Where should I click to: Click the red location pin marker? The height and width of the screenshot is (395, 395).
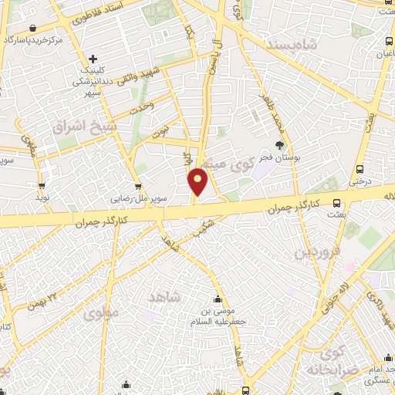point(198,181)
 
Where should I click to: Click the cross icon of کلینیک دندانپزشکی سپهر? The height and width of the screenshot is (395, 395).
point(93,59)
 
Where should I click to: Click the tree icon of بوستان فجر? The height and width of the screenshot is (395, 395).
point(280,145)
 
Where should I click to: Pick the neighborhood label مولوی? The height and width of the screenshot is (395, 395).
point(99,314)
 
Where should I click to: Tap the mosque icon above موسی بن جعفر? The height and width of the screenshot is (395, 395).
point(218,300)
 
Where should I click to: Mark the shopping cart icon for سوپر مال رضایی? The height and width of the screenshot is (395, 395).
point(137,186)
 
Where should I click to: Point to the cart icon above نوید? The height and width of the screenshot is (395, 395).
point(42,186)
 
